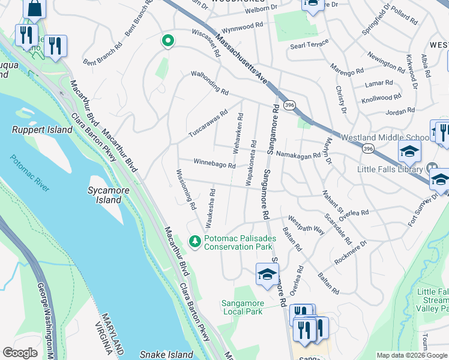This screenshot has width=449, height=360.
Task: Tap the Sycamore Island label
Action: coord(96,195)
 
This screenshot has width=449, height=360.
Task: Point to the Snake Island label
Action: coord(164,355)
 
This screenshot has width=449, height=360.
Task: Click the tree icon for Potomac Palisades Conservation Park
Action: coord(194,242)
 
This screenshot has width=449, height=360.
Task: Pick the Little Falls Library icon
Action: coord(431,168)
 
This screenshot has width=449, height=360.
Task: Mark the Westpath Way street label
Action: coord(307,224)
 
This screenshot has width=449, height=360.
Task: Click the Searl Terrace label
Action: coord(309,43)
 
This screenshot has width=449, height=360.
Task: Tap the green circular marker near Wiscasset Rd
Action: coord(169,41)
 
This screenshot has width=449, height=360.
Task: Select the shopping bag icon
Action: coord(35,7)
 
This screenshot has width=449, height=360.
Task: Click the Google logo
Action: coord(20,353)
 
